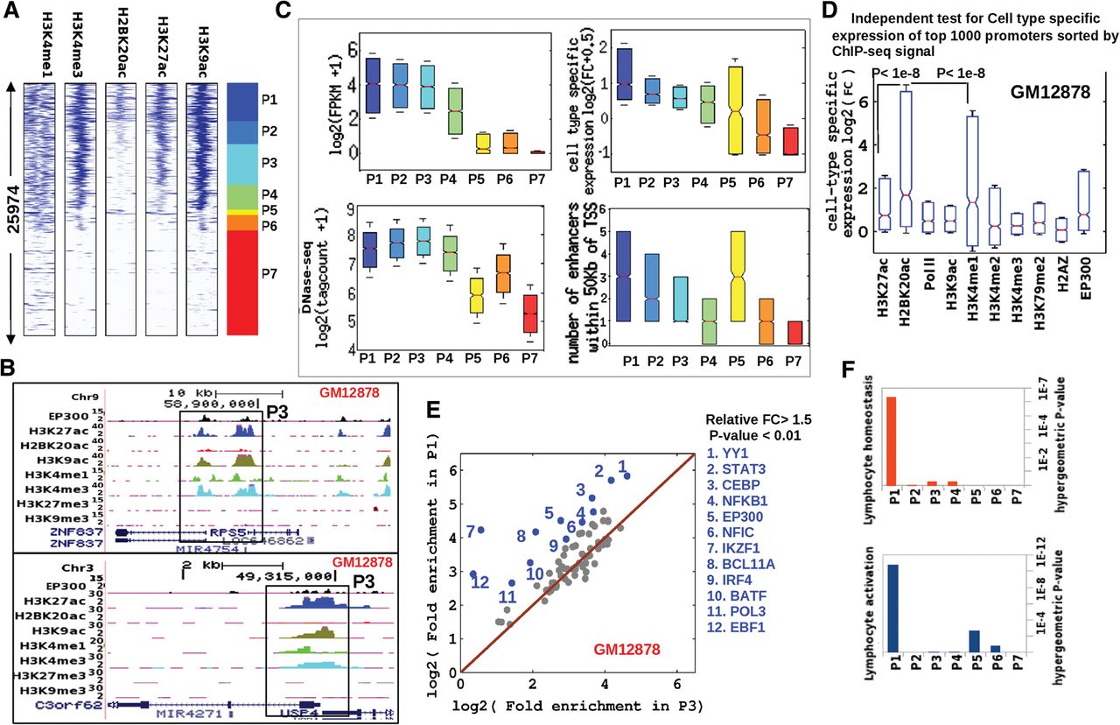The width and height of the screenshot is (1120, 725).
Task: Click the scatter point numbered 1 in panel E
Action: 626,476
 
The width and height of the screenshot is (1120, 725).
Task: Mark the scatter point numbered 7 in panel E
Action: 479,531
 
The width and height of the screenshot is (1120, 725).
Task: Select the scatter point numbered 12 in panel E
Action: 473,574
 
